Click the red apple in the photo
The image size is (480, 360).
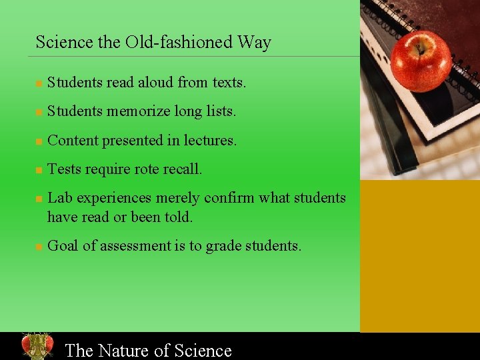coord(421,61)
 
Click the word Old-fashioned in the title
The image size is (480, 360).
coord(179,42)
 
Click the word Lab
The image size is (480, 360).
coord(59,198)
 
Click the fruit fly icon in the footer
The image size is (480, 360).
coord(37,346)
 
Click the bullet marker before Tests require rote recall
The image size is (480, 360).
coord(39,170)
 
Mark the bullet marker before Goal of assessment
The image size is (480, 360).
coord(39,247)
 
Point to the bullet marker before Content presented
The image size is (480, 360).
coord(39,141)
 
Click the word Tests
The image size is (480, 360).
coord(65,169)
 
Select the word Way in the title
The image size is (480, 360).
coord(254,42)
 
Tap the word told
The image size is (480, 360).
coord(180,217)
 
